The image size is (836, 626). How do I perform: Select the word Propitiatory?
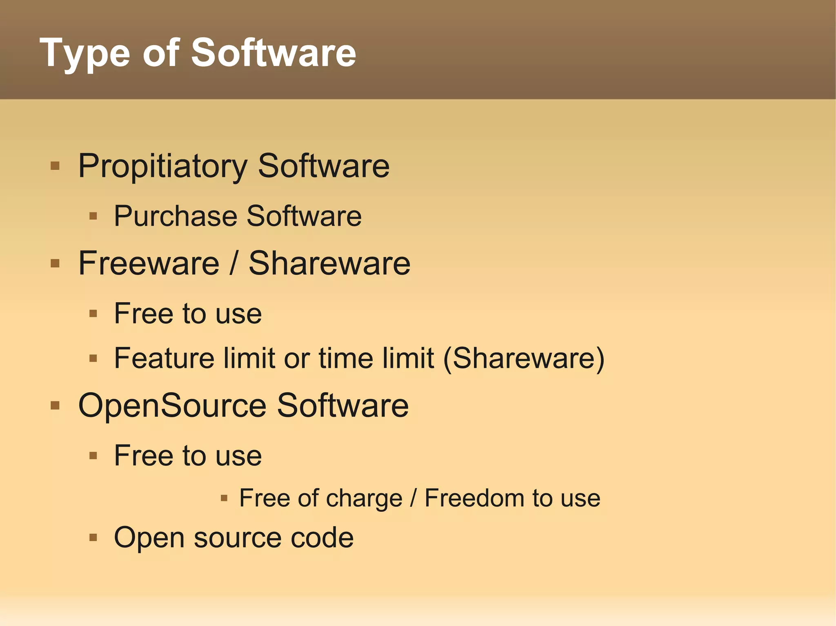pos(163,166)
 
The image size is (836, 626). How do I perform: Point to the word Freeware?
pos(149,263)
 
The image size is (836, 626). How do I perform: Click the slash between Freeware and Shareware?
pos(233,263)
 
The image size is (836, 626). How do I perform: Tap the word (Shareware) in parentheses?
pos(524,358)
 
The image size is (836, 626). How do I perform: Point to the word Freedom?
pos(474,498)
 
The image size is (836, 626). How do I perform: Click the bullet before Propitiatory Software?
pos(55,166)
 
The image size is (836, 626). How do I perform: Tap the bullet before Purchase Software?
pos(93,216)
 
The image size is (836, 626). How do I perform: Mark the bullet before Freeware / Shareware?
pos(55,263)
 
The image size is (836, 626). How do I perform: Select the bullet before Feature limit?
pos(93,358)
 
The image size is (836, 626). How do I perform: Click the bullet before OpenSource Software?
pos(55,406)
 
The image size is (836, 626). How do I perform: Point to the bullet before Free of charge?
pos(224,498)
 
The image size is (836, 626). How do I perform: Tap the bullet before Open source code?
pos(93,538)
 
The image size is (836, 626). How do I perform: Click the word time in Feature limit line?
pos(346,358)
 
